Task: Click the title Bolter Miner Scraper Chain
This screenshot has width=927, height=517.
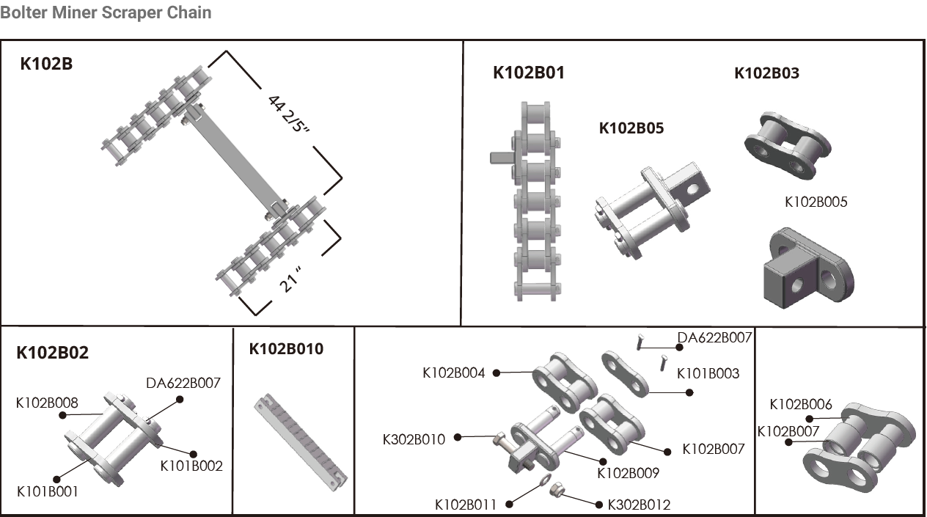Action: [106, 12]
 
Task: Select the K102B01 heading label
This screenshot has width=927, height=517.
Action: [528, 73]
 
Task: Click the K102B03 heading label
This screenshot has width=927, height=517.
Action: [766, 73]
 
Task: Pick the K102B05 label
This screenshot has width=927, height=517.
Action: [631, 128]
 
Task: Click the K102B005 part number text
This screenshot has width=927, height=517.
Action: [816, 202]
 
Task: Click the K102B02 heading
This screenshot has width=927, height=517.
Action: [52, 353]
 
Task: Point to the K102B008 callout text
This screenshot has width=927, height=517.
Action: [47, 402]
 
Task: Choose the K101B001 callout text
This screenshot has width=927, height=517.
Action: [47, 491]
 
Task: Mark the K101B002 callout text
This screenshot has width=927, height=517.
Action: [191, 466]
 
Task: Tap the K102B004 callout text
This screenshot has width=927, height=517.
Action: [453, 373]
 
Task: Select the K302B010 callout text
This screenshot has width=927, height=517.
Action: [414, 439]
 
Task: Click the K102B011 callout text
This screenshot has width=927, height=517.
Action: [465, 505]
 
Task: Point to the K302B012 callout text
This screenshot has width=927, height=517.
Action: [639, 505]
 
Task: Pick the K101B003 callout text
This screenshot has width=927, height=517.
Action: [708, 373]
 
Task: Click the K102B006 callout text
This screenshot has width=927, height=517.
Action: [800, 404]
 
